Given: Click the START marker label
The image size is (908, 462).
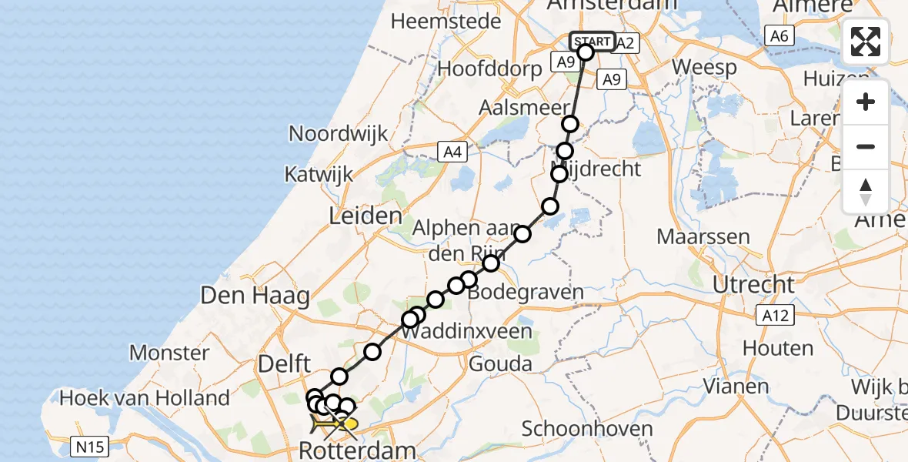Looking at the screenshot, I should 592,42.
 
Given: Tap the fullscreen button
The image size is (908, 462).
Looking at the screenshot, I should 866,42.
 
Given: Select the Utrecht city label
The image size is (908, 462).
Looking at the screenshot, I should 753,285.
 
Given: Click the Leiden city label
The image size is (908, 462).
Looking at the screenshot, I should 366,216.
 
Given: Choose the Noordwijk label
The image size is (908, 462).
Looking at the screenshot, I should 339,133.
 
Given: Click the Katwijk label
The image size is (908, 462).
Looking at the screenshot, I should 319,174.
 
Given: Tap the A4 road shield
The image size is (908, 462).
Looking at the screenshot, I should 452,152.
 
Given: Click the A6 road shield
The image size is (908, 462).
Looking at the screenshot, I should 779,35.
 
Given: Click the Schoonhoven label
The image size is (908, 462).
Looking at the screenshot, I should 587,429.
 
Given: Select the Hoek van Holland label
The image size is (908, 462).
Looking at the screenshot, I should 145,398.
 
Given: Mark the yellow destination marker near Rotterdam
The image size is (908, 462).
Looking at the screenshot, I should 349,423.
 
